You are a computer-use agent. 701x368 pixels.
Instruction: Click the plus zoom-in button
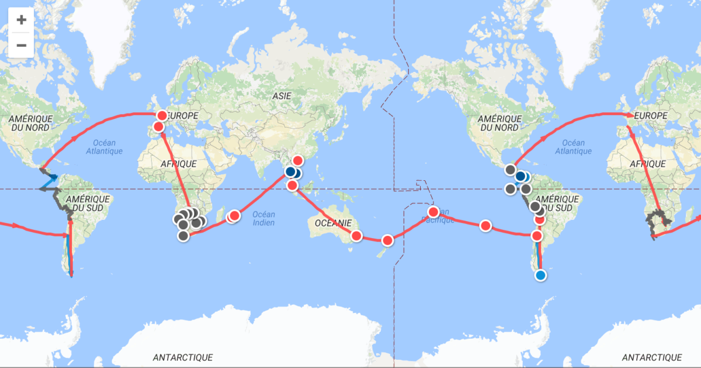coord(21,20)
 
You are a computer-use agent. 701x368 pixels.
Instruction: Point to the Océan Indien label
coord(263,218)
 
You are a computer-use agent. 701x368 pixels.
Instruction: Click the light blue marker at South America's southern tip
coord(540,275)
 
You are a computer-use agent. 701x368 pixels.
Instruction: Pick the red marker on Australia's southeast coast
coord(356,236)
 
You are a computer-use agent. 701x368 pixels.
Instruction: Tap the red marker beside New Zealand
coord(387,240)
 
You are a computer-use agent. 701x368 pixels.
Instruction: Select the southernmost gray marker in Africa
coord(183,236)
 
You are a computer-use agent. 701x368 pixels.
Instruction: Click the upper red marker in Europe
coord(162,115)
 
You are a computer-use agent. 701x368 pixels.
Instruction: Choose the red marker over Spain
coord(158,127)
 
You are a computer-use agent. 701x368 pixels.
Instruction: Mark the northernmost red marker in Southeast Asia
coord(298,160)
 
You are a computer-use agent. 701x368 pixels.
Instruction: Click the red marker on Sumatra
coord(293,185)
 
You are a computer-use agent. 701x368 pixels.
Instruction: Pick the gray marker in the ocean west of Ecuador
coord(510,189)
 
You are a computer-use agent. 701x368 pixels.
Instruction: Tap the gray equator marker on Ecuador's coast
coord(526,189)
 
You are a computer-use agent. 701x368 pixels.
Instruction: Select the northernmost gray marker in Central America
coord(511,170)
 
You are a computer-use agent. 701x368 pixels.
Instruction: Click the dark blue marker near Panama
coord(520,176)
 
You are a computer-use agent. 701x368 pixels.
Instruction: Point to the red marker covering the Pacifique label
coord(433,212)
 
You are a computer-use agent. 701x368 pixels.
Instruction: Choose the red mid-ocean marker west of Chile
coord(485,226)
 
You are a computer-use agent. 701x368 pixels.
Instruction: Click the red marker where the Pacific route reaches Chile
coord(536,236)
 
